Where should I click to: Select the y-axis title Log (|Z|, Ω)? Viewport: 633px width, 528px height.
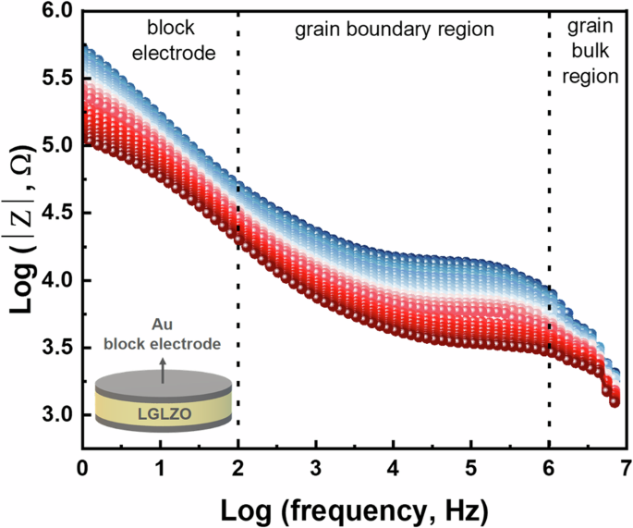pyautogui.click(x=19, y=214)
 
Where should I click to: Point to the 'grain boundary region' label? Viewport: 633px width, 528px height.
pyautogui.click(x=395, y=31)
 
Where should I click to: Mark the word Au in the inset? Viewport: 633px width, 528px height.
pyautogui.click(x=162, y=325)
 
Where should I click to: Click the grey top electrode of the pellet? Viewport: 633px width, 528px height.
pyautogui.click(x=162, y=383)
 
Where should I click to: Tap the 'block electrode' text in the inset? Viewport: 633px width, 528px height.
pyautogui.click(x=162, y=343)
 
